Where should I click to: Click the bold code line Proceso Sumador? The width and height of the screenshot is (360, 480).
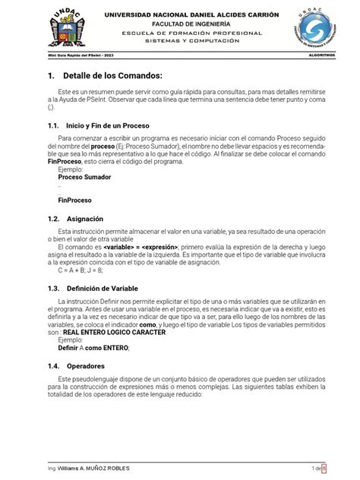tap(84, 178)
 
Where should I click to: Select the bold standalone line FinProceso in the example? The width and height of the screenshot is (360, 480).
tap(75, 201)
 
